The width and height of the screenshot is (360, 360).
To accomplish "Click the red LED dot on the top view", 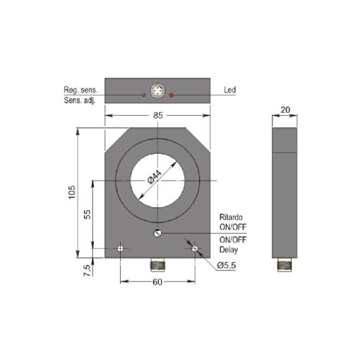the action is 171,95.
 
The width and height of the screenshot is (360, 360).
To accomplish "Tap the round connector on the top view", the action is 158,91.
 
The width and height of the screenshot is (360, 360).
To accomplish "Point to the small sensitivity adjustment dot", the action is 144,95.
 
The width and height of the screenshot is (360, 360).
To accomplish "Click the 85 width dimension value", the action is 158,115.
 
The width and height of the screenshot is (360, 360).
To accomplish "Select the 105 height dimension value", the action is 72,192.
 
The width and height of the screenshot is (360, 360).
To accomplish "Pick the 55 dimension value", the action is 87,215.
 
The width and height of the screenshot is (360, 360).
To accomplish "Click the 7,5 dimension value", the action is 87,270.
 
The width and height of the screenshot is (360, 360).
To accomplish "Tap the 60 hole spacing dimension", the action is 158,282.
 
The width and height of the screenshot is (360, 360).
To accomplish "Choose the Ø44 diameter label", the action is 155,177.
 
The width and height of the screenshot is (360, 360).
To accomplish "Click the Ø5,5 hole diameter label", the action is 227,265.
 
